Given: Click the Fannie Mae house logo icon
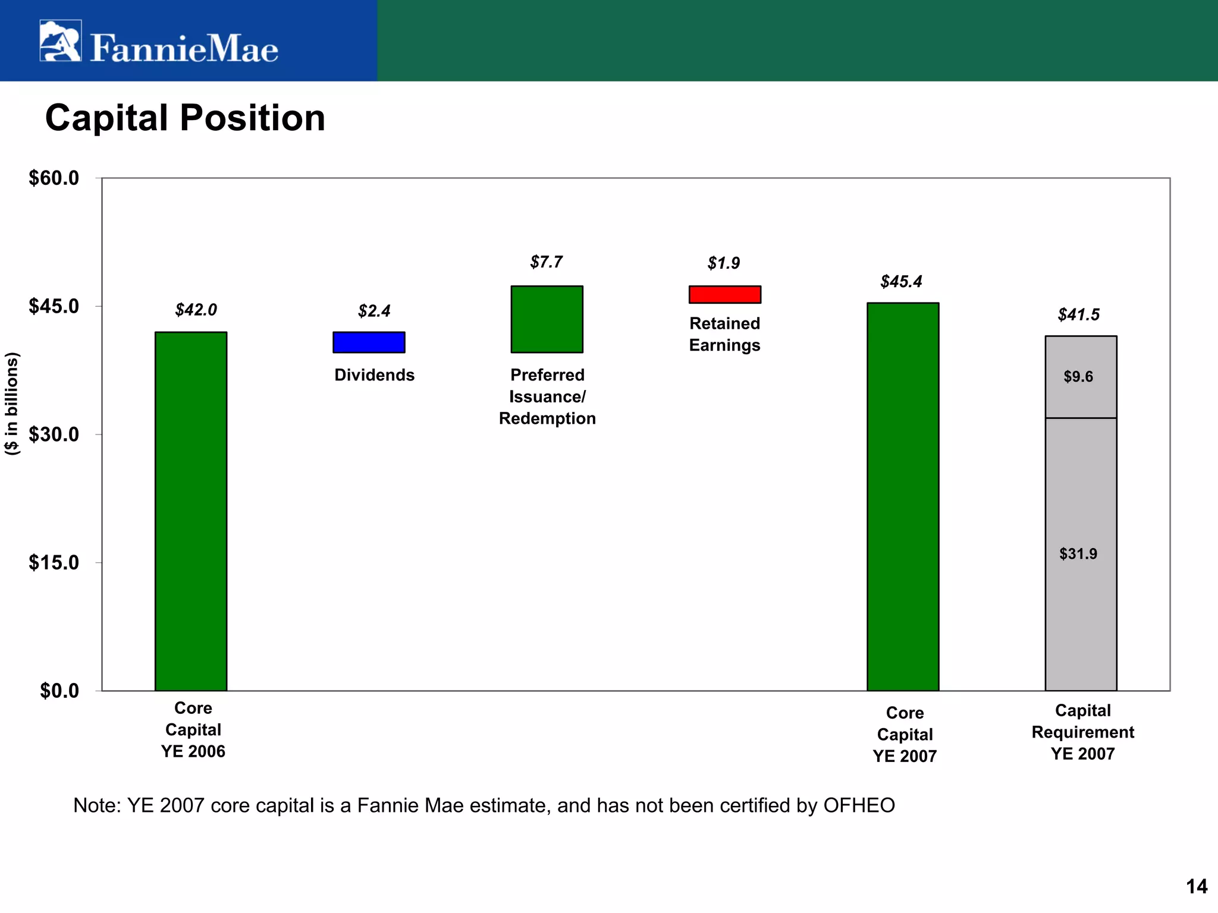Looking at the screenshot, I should coord(60,41).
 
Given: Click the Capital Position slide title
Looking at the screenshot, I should coord(185,118).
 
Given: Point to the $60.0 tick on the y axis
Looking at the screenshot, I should coord(54,178).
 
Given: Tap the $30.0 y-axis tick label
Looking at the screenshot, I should coord(54,435).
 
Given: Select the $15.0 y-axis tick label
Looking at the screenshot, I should coord(54,562).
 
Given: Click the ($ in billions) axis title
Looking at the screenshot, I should coord(12,404).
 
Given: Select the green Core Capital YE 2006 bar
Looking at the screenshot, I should coord(191,511).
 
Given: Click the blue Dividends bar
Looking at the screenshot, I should coord(369,342).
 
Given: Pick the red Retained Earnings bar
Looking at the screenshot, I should coord(724,294).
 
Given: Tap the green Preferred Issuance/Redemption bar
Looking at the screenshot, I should coord(547,319).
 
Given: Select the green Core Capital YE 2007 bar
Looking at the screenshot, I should coord(902,496).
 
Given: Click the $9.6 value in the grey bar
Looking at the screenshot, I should coord(1078,377).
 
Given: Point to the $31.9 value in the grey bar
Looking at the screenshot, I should coord(1078,554).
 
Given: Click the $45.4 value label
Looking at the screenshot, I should coord(901,282).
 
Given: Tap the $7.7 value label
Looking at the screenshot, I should coord(546,262).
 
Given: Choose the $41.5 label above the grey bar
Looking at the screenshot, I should coord(1078,315).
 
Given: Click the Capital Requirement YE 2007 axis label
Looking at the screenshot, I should coord(1082,732).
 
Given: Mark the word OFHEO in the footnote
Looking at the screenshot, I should coord(859,805).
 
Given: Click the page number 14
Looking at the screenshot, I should coord(1197,887).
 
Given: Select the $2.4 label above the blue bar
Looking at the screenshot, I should coord(374,311).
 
